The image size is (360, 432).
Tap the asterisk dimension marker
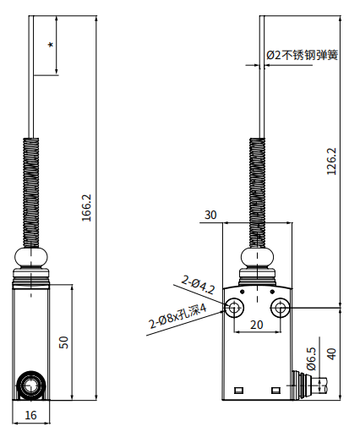51,45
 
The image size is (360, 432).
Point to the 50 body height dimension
63,342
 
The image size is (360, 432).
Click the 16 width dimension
31,415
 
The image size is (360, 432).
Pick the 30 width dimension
210,216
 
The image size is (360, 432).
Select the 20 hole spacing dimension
257,324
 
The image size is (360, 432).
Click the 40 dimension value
331,353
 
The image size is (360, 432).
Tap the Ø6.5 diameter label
311,358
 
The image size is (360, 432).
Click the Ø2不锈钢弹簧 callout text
303,55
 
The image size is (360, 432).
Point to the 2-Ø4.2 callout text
199,282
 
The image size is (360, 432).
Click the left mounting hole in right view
235,306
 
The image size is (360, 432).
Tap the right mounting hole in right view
279,306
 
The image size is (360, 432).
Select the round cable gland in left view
32,386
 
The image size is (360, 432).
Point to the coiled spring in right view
257,191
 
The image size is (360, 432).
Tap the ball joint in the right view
257,257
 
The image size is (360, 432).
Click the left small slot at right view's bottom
239,390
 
